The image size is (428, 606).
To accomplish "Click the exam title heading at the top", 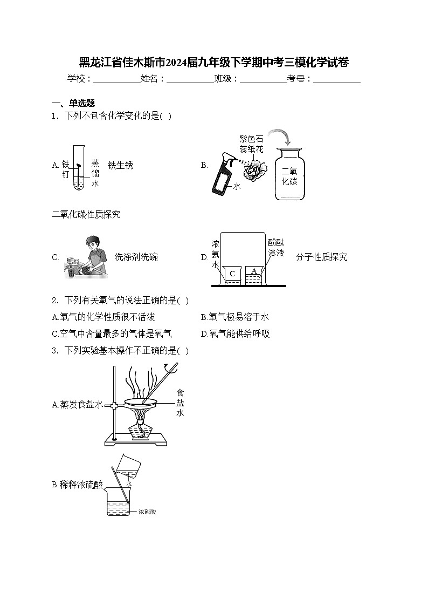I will tap(214, 63).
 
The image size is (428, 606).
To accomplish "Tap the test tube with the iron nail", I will tap(79, 167).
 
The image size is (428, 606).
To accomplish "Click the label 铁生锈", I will tap(120, 165).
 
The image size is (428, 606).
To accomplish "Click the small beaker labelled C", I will tap(232, 275).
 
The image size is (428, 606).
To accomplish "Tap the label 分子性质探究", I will tap(321, 257).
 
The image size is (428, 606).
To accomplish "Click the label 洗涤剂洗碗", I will tap(136, 257).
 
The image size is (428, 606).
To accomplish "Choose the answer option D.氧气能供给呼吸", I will tap(235, 334).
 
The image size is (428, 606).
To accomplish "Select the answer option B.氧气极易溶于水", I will tap(234, 317).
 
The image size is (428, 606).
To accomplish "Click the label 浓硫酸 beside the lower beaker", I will tap(147, 512).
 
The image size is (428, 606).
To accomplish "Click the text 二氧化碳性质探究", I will tap(86, 215).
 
